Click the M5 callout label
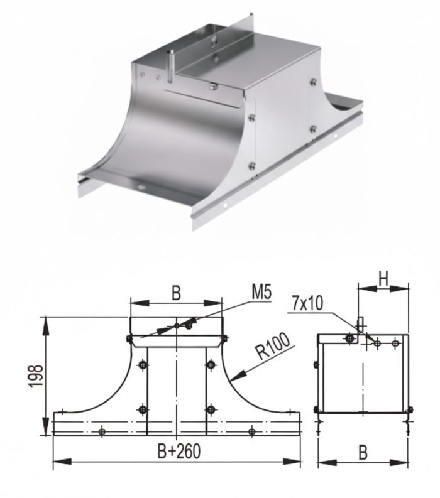(261, 293)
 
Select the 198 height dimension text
(36, 376)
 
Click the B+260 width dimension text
(179, 451)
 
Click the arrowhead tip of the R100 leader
(229, 380)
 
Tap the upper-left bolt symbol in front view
(143, 365)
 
